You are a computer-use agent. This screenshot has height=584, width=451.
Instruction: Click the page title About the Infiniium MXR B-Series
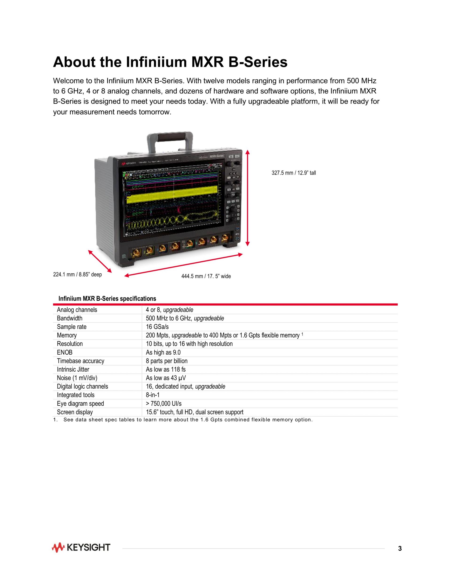170,62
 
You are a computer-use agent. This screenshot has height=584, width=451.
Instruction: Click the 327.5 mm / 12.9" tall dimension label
294,173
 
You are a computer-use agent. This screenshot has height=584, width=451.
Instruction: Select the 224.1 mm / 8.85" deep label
78,274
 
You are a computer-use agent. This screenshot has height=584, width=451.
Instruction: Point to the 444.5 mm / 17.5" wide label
206,276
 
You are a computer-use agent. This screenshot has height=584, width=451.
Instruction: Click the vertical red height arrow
247,198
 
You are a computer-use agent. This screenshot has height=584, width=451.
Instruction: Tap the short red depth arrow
100,261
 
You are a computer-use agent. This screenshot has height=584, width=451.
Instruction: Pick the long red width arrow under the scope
183,265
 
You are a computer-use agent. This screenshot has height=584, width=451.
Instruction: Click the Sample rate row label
72,327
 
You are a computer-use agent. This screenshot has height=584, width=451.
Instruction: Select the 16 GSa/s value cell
157,327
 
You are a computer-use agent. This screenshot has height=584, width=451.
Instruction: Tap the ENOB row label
65,352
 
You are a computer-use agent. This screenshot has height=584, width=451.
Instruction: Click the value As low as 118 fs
166,370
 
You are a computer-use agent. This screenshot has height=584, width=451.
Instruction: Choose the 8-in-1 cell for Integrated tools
152,395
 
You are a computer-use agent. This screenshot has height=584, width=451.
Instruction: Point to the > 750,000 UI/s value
163,403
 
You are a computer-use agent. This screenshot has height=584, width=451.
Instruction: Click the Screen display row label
75,412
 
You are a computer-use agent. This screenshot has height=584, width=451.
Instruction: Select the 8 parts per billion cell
167,361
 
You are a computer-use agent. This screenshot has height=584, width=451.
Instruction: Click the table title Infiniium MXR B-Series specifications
107,298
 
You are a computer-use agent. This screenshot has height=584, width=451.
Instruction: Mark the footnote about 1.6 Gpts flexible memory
183,420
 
